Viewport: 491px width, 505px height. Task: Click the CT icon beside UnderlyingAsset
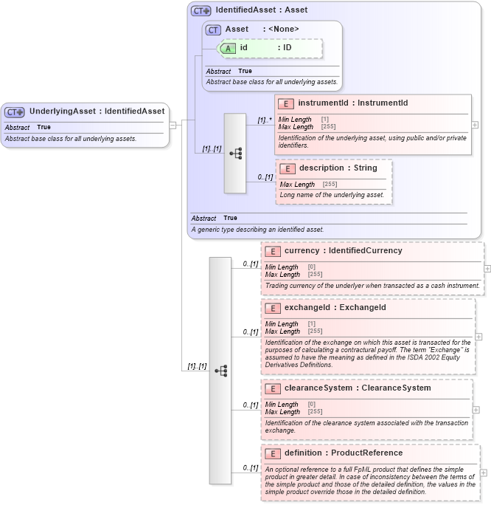pos(15,111)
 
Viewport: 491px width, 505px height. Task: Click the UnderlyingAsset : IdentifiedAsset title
pos(97,111)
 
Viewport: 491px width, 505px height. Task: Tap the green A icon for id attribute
pos(229,48)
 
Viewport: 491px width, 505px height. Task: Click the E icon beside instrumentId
pos(287,103)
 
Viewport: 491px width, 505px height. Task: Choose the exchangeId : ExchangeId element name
pos(335,307)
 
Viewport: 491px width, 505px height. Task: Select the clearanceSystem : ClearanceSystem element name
pos(358,388)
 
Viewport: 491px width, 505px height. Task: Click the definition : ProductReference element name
pos(343,453)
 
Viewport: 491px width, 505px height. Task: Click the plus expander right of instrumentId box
pos(475,125)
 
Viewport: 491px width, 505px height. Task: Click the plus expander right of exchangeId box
pos(478,337)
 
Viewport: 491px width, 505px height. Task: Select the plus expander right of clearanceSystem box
pos(476,409)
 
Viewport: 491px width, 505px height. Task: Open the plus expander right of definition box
pos(484,473)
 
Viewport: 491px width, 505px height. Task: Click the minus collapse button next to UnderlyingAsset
pos(173,125)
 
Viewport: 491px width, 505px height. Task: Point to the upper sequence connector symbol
pos(235,153)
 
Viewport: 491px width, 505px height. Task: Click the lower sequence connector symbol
pos(220,371)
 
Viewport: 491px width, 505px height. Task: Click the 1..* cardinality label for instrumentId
pos(264,120)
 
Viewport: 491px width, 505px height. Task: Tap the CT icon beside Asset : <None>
pos(213,30)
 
